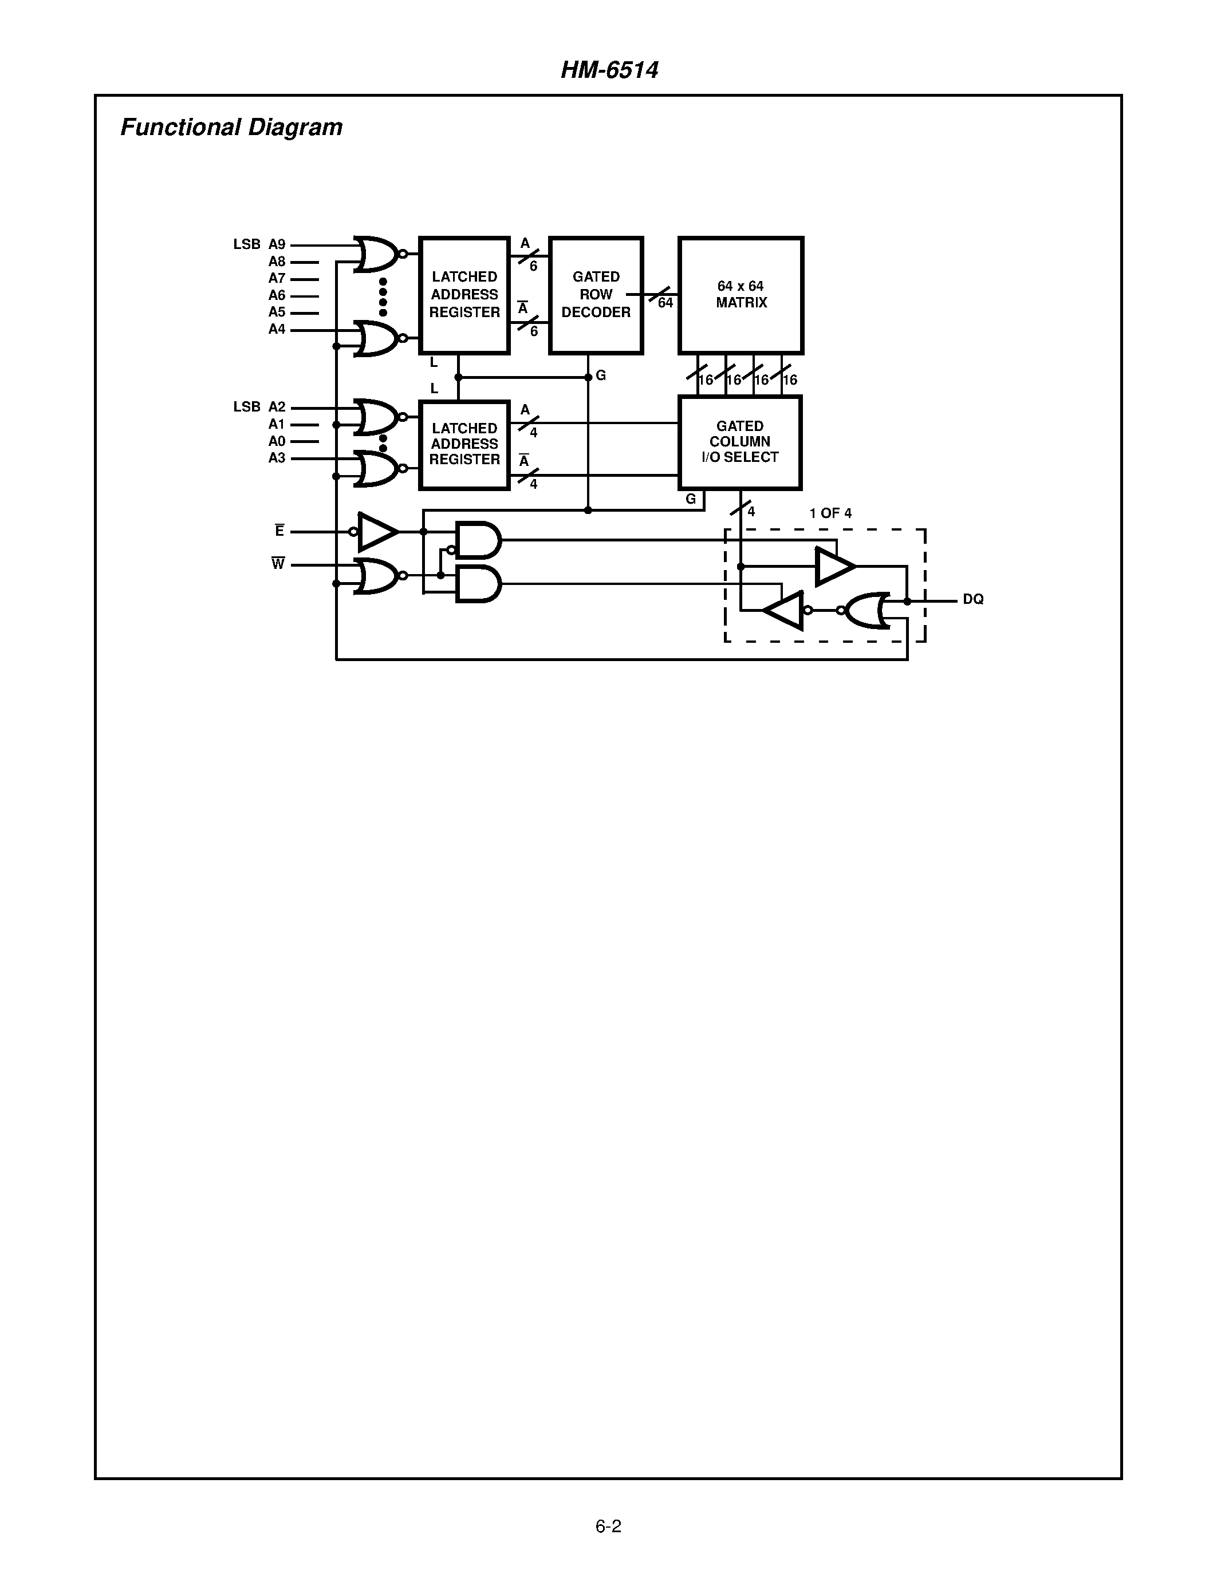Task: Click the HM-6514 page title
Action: (x=609, y=70)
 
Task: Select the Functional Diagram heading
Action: (x=231, y=128)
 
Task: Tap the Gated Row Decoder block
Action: (x=596, y=295)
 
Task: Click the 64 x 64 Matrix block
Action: (x=741, y=295)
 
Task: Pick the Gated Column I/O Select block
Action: (x=740, y=442)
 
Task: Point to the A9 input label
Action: (x=277, y=244)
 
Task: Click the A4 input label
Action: (x=277, y=329)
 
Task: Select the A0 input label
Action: (x=277, y=441)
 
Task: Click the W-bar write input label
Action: (x=278, y=564)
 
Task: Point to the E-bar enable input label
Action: (x=279, y=531)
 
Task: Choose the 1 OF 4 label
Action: (x=830, y=513)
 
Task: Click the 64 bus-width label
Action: (x=665, y=303)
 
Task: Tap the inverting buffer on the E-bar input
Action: (x=376, y=532)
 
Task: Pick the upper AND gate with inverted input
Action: (x=478, y=540)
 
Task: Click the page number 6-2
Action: (x=608, y=1526)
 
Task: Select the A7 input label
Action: (x=277, y=278)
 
